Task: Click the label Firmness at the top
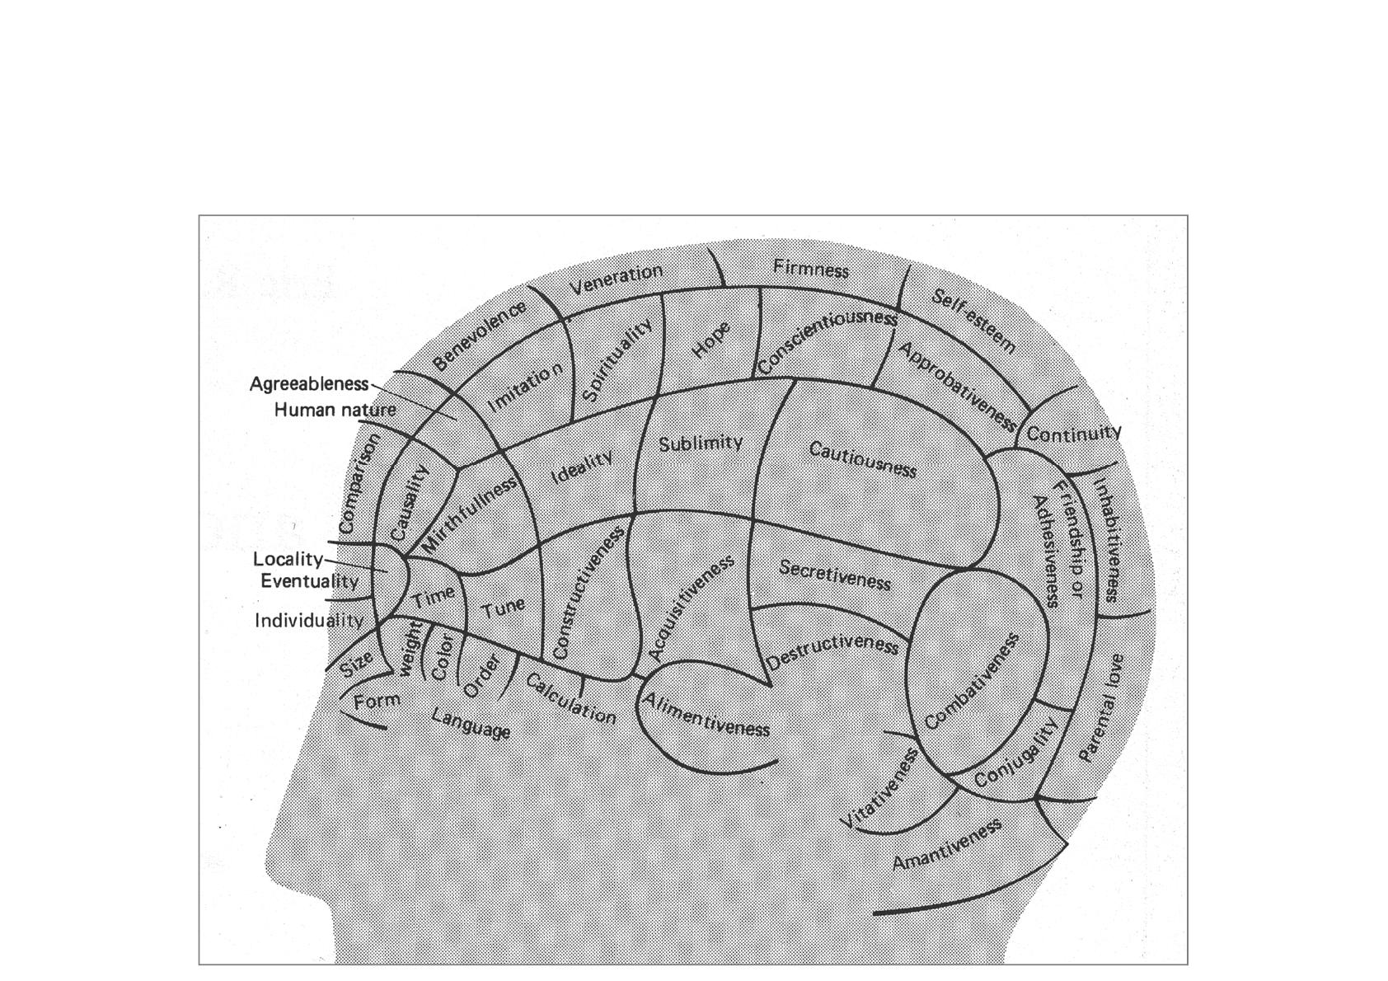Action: (x=811, y=269)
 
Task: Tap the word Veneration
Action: (x=617, y=279)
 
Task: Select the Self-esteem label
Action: (x=973, y=321)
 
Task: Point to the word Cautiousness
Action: (x=862, y=460)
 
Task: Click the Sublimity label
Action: (x=701, y=444)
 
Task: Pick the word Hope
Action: (x=710, y=340)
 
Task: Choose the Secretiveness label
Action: (x=834, y=575)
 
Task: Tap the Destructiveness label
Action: (x=832, y=651)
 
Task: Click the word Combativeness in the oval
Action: (x=972, y=682)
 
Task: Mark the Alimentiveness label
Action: (x=706, y=715)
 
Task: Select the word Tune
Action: (x=503, y=608)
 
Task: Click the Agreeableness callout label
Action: (x=309, y=384)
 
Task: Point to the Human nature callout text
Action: (x=335, y=410)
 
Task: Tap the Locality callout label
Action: (x=288, y=560)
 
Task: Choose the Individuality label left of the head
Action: (x=308, y=621)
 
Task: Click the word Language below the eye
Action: (x=471, y=724)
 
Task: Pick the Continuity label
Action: (x=1073, y=434)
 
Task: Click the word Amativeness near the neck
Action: (x=947, y=844)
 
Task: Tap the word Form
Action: (x=377, y=702)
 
